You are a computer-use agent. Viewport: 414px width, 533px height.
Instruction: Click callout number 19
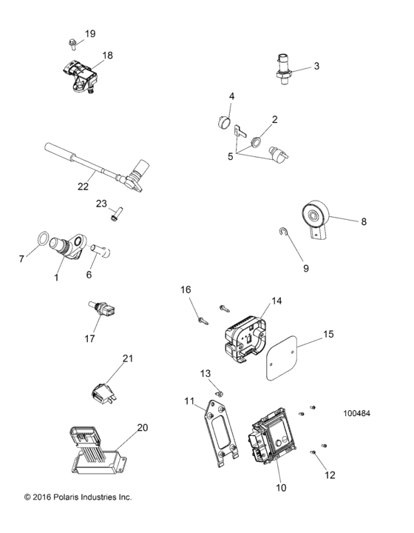click(90, 34)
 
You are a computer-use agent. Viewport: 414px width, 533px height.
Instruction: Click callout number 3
click(316, 66)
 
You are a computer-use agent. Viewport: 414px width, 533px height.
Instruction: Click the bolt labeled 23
click(115, 216)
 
